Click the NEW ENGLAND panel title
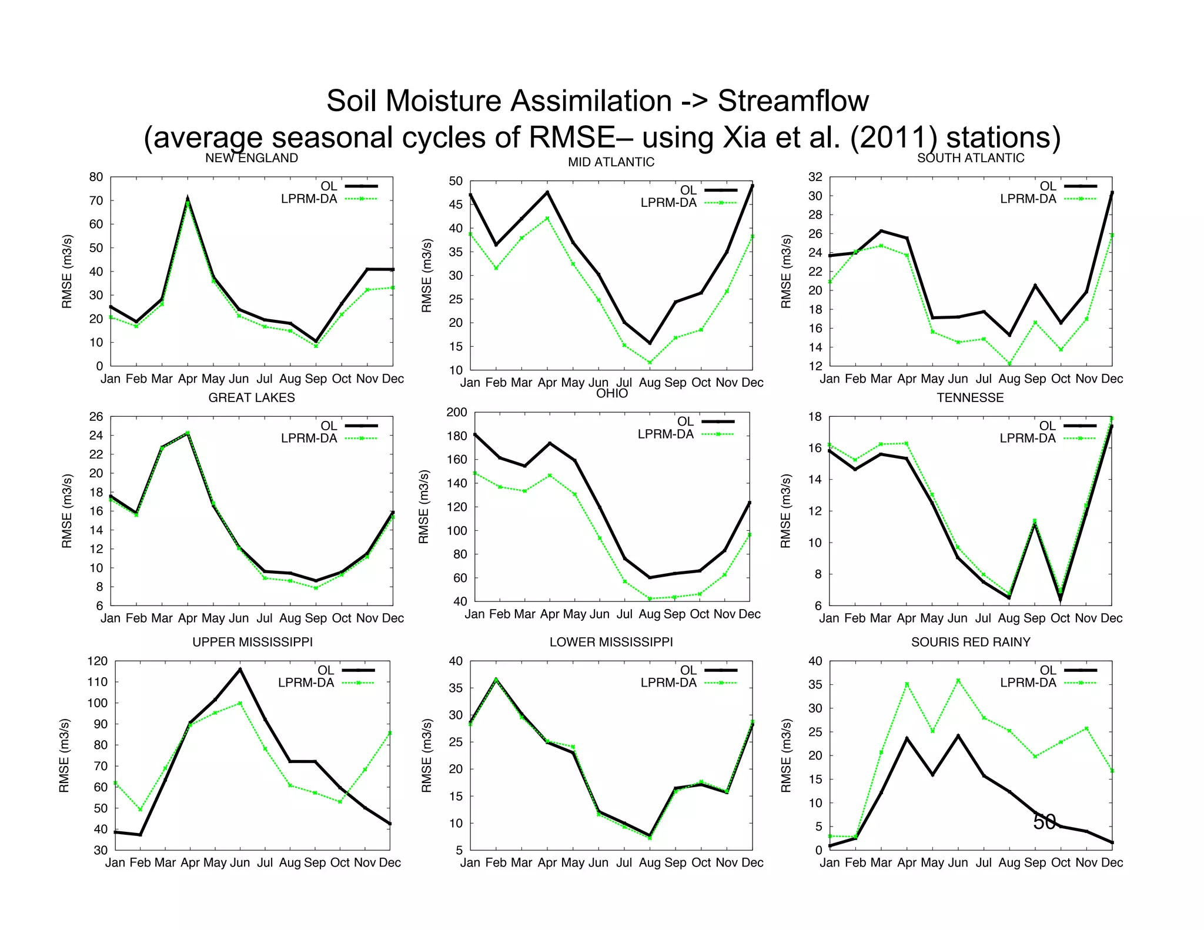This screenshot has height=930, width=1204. click(x=251, y=158)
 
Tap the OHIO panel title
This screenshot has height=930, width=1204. click(x=611, y=394)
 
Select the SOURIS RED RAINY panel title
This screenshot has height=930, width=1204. click(x=970, y=642)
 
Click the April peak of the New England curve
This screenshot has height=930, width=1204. click(x=188, y=199)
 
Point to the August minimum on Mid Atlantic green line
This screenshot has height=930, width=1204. click(x=650, y=363)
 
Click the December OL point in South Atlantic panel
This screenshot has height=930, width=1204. click(x=1111, y=193)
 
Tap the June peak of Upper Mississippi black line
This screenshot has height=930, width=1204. click(x=240, y=669)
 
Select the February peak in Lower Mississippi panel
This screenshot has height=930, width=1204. click(x=496, y=680)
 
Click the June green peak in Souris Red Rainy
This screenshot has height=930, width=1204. click(x=958, y=680)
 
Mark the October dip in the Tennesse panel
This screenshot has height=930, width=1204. click(x=1060, y=599)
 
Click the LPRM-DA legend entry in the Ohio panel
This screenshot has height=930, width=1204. click(x=665, y=434)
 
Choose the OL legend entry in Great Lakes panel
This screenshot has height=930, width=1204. click(x=329, y=426)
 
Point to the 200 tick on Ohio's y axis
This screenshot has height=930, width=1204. click(x=456, y=413)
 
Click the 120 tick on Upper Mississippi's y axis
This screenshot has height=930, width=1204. click(x=97, y=661)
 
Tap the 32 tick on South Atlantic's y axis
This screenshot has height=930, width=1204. click(x=815, y=177)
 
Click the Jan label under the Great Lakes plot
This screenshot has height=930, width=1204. click(x=111, y=618)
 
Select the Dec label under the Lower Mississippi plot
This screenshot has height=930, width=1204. click(x=752, y=863)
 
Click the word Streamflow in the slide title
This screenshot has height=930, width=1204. click(x=792, y=101)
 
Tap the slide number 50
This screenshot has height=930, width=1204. click(x=1044, y=822)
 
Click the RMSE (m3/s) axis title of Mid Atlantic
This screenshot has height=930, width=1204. click(x=426, y=276)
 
